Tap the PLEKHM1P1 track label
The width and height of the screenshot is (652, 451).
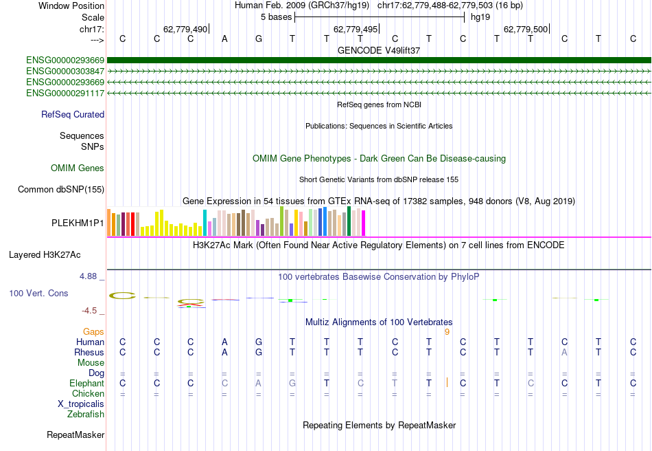78,223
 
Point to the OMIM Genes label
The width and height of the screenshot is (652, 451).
78,168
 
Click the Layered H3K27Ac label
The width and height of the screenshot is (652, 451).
45,254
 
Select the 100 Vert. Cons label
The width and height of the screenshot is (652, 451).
38,293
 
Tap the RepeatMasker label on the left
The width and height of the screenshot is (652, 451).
75,434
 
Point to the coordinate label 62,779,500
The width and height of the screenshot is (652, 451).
526,30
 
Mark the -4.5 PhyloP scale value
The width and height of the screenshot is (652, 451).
92,311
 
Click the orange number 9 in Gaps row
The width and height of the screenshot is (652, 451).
447,331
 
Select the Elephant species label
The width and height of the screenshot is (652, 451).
86,383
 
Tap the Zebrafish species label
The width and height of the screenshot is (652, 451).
86,414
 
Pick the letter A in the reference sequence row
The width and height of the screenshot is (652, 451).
224,38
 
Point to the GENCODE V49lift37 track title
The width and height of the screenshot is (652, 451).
379,50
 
